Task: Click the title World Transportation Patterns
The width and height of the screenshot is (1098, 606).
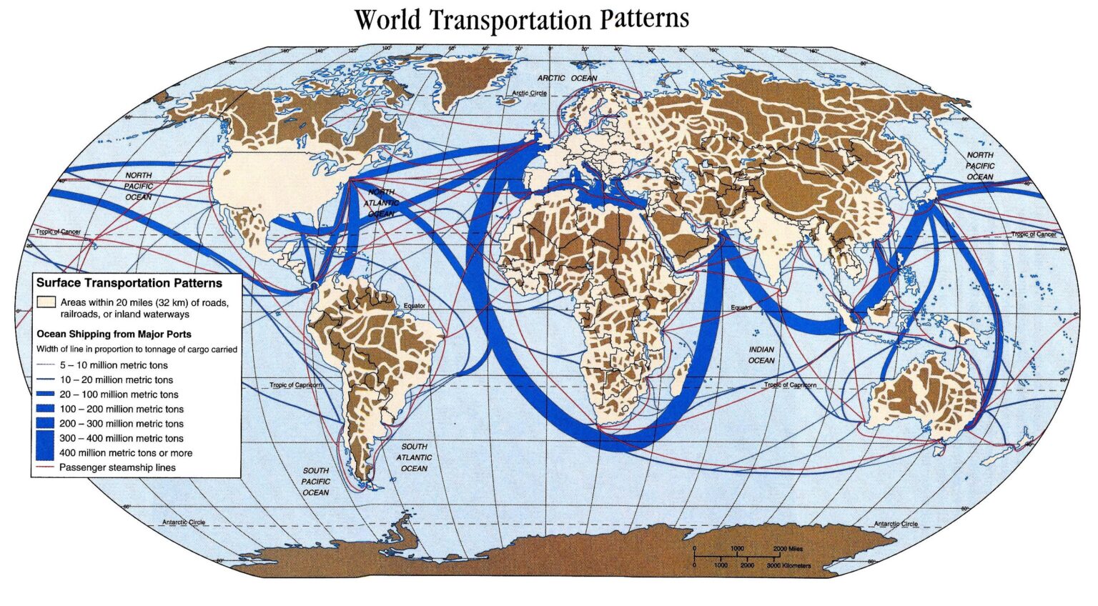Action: (x=521, y=19)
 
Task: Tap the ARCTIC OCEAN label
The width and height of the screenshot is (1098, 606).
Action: (x=567, y=78)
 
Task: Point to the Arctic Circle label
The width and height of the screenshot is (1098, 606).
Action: (x=529, y=94)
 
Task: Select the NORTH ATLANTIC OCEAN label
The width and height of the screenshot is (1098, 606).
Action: (x=381, y=203)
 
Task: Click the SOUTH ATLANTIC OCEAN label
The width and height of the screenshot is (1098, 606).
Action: (x=414, y=457)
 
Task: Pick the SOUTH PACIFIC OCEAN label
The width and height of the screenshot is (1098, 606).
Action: (x=315, y=482)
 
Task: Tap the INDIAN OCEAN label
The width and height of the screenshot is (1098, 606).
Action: (x=761, y=355)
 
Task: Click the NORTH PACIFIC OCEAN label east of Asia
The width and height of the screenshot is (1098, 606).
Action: (x=980, y=166)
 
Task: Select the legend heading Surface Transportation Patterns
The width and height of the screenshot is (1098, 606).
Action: (x=129, y=283)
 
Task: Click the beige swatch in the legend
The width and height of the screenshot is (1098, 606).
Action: (x=46, y=302)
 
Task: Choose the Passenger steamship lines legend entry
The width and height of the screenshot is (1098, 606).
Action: (x=117, y=467)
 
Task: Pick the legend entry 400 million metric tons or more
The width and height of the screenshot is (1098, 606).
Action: (x=125, y=453)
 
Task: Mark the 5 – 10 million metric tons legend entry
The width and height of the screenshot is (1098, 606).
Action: (x=114, y=365)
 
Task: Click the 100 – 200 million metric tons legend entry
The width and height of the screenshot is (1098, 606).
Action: (x=122, y=409)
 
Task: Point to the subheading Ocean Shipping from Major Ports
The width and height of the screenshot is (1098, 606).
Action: (x=114, y=334)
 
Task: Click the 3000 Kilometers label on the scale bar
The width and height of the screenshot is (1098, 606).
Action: (x=788, y=565)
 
